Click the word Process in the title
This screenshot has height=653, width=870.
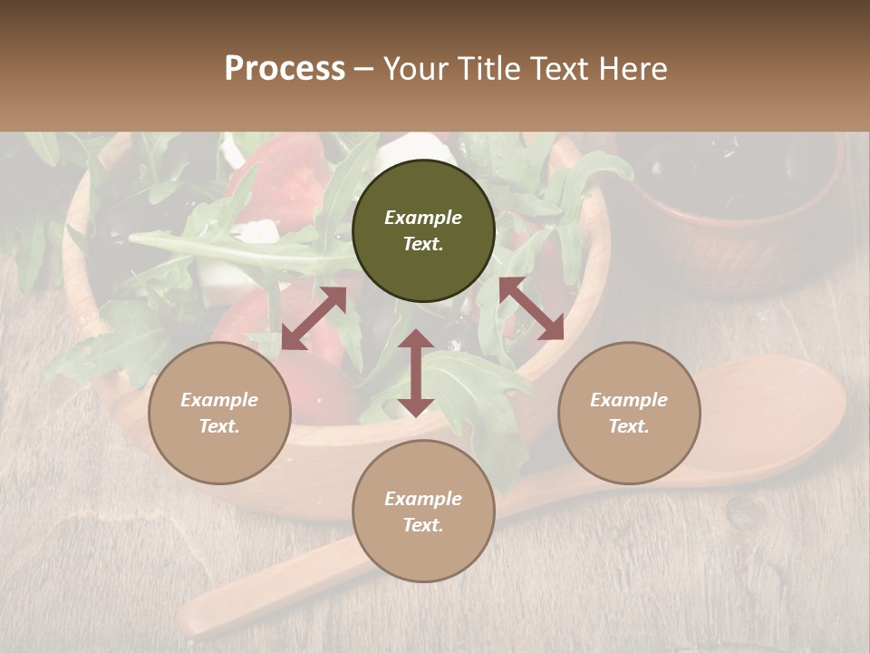pos(285,69)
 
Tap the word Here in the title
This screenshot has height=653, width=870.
pos(633,69)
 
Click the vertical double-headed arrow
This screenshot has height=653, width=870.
pos(416,373)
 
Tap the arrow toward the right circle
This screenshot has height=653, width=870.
pos(532,308)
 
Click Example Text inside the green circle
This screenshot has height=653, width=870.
pos(423,230)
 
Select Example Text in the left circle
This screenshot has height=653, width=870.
pos(219,413)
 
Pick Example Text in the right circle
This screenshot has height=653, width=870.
pos(629,413)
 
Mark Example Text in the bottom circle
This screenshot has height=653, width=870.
pos(423,512)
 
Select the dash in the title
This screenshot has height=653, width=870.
pos(363,70)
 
